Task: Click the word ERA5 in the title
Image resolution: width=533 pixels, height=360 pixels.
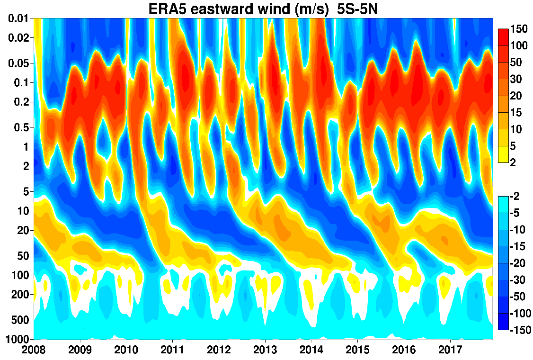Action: (167, 9)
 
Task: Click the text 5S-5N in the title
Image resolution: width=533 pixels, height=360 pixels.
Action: (357, 9)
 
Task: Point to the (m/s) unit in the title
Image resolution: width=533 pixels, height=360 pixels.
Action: (312, 9)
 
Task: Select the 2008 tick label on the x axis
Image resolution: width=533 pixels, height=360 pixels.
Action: (34, 350)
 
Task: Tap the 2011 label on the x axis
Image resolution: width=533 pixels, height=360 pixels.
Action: (172, 350)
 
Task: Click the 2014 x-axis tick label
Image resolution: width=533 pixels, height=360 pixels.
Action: (311, 350)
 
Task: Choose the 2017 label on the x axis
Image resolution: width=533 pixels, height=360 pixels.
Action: (450, 350)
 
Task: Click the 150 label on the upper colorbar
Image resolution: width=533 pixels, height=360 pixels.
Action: (519, 29)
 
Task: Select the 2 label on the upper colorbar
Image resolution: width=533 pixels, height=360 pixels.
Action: (513, 162)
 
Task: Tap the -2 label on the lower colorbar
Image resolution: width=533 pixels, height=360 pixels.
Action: (515, 196)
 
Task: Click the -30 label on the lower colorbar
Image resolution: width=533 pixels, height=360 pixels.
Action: (518, 279)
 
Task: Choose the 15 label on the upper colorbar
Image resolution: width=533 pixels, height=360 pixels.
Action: (515, 112)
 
